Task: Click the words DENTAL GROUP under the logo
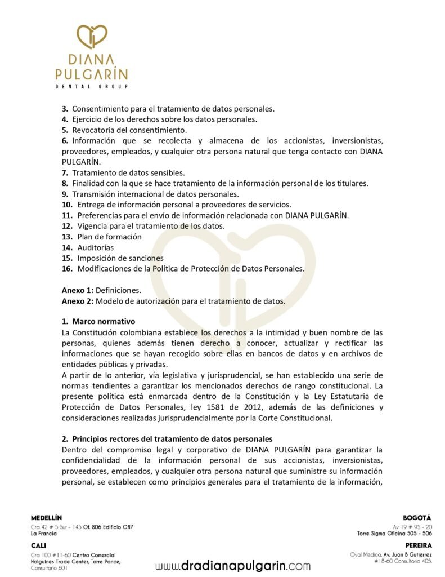(x=92, y=86)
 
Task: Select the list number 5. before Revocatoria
(x=65, y=130)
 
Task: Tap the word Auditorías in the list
(x=95, y=247)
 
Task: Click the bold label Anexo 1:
(x=78, y=290)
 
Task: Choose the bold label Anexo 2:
(x=78, y=301)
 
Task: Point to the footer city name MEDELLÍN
(x=47, y=517)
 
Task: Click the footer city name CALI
(x=39, y=545)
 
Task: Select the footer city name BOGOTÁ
(x=417, y=517)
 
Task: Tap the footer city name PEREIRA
(x=418, y=545)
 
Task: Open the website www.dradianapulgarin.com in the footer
(x=233, y=565)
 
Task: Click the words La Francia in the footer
(x=43, y=533)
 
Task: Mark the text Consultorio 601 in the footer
(x=50, y=568)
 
